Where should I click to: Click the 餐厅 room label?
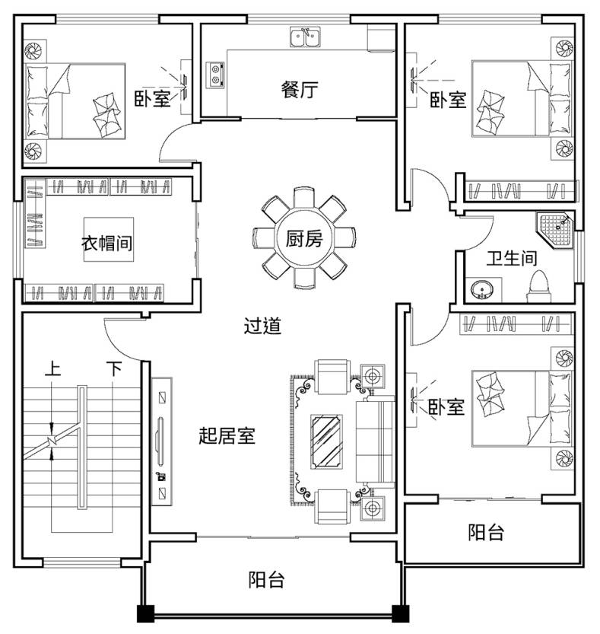300,89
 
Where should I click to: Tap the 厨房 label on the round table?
304,237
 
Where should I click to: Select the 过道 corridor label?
262,326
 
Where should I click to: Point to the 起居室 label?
227,435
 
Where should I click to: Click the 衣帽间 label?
107,243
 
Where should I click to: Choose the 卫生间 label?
512,258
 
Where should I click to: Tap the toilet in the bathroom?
538,287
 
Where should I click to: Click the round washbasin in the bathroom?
481,289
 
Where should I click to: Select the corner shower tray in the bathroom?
554,229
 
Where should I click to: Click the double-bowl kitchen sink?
305,37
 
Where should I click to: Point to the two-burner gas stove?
215,75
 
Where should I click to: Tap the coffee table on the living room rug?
326,441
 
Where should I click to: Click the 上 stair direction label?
52,368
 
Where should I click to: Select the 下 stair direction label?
113,368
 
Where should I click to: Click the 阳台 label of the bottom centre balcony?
266,579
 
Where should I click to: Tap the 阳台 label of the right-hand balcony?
486,532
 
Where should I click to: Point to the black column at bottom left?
145,613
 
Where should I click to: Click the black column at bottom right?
401,613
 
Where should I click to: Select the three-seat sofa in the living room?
375,442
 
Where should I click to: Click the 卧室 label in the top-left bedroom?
152,98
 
